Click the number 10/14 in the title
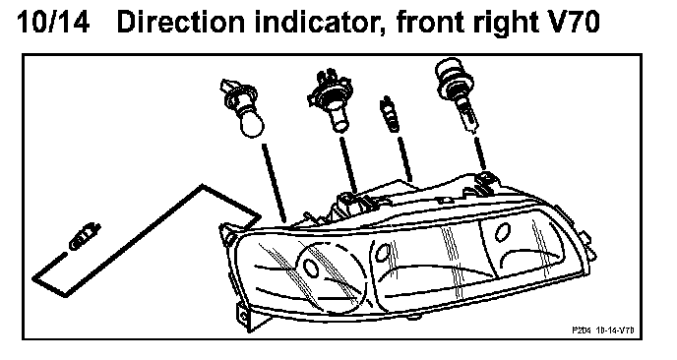53,22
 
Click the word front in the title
430,22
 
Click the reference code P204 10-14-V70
603,330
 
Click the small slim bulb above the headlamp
389,114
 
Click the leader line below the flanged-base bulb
349,165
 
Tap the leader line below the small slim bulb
405,158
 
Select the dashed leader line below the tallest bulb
480,153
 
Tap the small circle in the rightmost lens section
502,233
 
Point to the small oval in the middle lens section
382,252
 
